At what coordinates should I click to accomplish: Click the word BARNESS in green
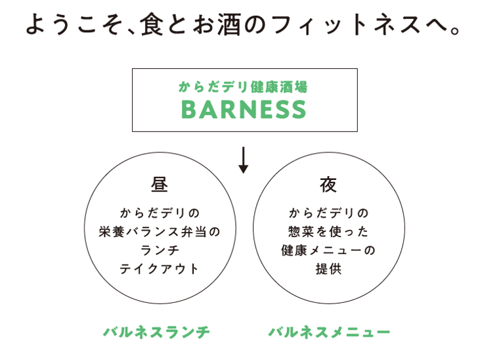coord(243,110)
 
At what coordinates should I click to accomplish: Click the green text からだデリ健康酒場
coord(243,87)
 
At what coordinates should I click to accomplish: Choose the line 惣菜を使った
coord(328,232)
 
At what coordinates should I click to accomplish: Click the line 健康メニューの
coord(328,250)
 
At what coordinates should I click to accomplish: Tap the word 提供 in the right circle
coord(328,269)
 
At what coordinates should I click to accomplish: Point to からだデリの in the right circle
coord(328,213)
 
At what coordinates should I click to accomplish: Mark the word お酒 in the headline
coord(214,26)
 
